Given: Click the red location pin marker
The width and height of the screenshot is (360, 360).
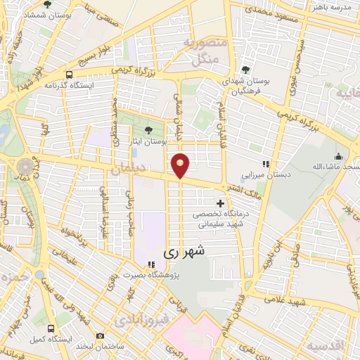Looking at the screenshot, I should pyautogui.click(x=181, y=165).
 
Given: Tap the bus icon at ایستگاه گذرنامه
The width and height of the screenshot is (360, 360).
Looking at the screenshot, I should pyautogui.click(x=69, y=75).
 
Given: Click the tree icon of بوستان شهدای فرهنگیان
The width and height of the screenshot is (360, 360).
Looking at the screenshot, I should pyautogui.click(x=245, y=69).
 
